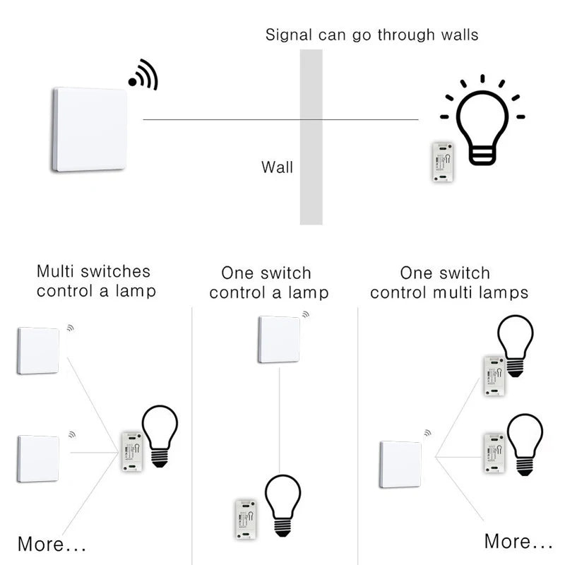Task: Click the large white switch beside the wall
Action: coord(90,129)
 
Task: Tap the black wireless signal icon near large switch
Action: coord(143,75)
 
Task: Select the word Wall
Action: coord(277,167)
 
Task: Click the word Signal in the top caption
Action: coord(289,35)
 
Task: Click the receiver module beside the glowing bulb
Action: coord(443,162)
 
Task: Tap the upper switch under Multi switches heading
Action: coord(38,350)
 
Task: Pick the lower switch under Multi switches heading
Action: coord(38,458)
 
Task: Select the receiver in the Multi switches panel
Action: coord(131,451)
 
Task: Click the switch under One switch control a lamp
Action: coord(279,339)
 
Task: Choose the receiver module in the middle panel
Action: coord(246,520)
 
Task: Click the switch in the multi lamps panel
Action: coord(400,463)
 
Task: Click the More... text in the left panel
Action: coord(52,545)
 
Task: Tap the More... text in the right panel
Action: coord(518,542)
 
